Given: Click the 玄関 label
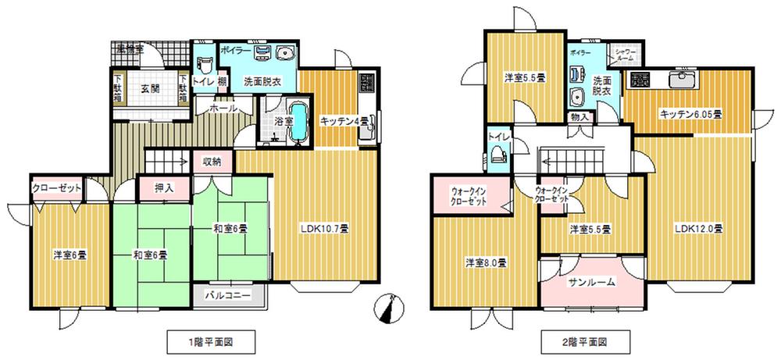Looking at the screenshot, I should [x=150, y=88].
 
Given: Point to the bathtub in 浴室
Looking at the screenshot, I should [x=298, y=122].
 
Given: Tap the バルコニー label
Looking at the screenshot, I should [x=227, y=296].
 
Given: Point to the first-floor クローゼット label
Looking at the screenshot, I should [x=58, y=188].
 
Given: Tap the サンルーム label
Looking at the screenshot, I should [x=591, y=283].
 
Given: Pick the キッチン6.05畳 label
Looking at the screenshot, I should [x=690, y=114].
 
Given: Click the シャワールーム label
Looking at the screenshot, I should [x=629, y=55].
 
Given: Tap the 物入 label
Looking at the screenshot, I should [x=580, y=117].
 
